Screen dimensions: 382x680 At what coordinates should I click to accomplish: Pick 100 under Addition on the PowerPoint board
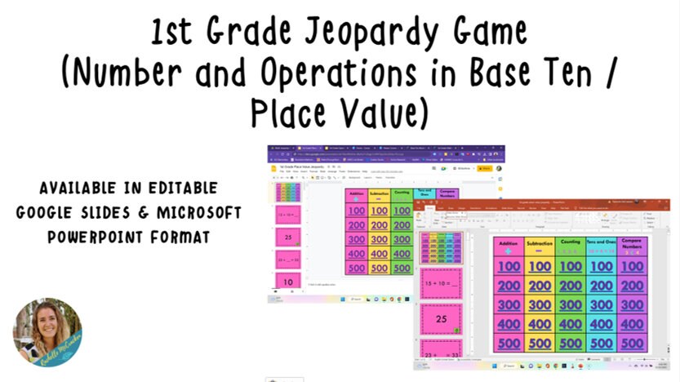[x=509, y=267]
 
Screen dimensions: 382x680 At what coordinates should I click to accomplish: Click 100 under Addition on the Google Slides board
[x=357, y=211]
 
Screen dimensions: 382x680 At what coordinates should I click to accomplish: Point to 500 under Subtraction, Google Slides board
[x=380, y=268]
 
